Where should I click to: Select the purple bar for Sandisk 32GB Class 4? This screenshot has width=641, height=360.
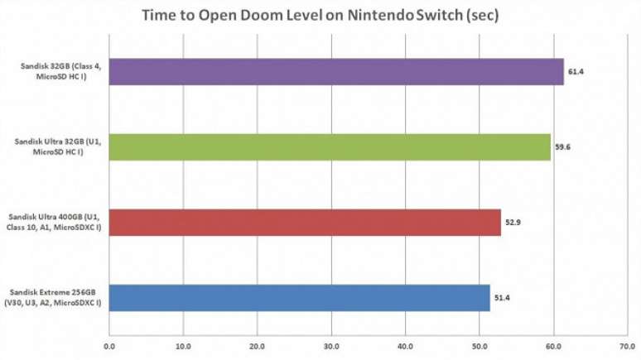[x=336, y=71]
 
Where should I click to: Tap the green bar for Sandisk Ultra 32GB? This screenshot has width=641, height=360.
[x=330, y=146]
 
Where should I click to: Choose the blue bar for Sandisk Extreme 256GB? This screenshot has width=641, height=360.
[x=299, y=297]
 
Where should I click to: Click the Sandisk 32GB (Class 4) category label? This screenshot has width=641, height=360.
[x=57, y=71]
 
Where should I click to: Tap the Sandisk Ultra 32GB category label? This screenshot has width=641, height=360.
[x=57, y=146]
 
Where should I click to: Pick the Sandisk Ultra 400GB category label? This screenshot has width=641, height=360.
[x=57, y=222]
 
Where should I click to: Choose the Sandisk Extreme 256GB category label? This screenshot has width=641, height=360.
[x=56, y=297]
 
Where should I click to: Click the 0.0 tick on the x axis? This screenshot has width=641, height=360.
[x=109, y=346]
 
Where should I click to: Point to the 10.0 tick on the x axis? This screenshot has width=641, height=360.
[x=183, y=346]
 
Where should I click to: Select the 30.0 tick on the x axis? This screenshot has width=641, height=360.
[x=331, y=346]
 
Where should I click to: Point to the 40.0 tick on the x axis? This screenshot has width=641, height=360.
[x=405, y=346]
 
